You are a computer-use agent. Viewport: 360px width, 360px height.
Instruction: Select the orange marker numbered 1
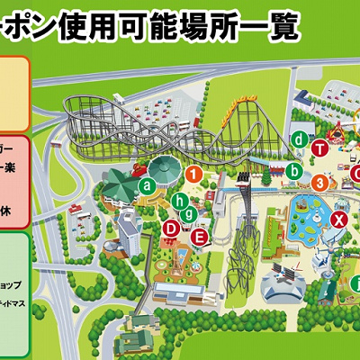pyautogui.click(x=193, y=173)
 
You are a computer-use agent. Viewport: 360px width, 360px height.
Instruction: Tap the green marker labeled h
pyautogui.click(x=180, y=200)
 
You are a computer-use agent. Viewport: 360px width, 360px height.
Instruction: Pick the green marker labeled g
pyautogui.click(x=188, y=213)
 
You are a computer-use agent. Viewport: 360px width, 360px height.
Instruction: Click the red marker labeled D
pyautogui.click(x=171, y=229)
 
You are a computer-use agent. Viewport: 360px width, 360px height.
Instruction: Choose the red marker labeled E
pyautogui.click(x=201, y=237)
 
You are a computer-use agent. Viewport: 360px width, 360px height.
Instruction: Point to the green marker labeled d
pyautogui.click(x=298, y=139)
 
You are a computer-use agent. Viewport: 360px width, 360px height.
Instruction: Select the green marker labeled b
pyautogui.click(x=294, y=169)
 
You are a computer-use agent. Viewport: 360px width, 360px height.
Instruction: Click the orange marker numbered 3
pyautogui.click(x=319, y=183)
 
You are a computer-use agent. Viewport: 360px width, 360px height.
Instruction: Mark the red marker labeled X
pyautogui.click(x=339, y=220)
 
